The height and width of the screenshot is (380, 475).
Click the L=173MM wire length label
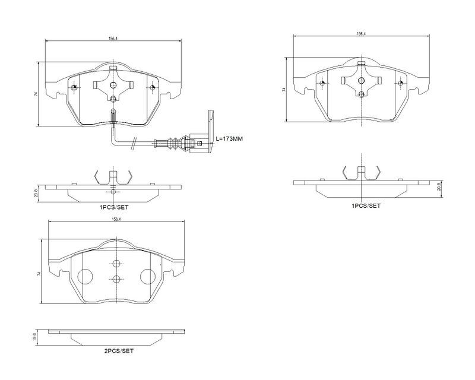coord(230,138)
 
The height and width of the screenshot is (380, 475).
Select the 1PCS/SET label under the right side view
coord(366,205)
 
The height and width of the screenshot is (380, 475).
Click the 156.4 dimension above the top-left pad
coord(112,39)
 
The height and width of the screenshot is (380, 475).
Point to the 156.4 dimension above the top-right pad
coord(360,34)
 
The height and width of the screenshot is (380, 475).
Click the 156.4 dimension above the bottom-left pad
coord(116,220)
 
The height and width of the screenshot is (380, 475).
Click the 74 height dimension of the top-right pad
coord(284,90)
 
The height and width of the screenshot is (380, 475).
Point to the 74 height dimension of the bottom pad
coord(39,274)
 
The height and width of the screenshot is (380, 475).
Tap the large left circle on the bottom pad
coord(85,277)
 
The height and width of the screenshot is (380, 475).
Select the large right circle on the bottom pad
coord(147,277)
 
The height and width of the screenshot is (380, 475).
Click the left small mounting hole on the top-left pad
coord(74,88)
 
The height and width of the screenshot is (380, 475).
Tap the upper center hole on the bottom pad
coord(116,264)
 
